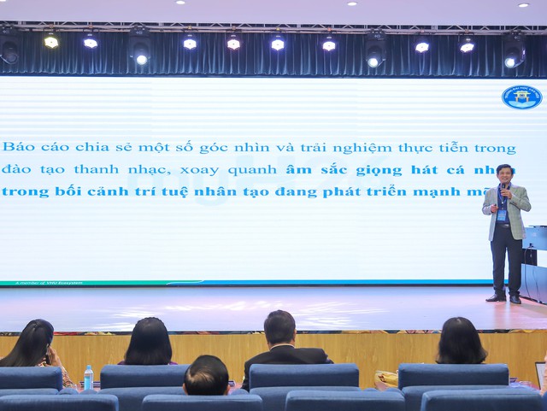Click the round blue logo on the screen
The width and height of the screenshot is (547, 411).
click(521, 97)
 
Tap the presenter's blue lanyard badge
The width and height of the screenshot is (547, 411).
click(503, 216)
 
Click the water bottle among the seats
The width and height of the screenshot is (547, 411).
click(88, 377)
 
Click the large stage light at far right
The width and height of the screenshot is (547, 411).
click(514, 51)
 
